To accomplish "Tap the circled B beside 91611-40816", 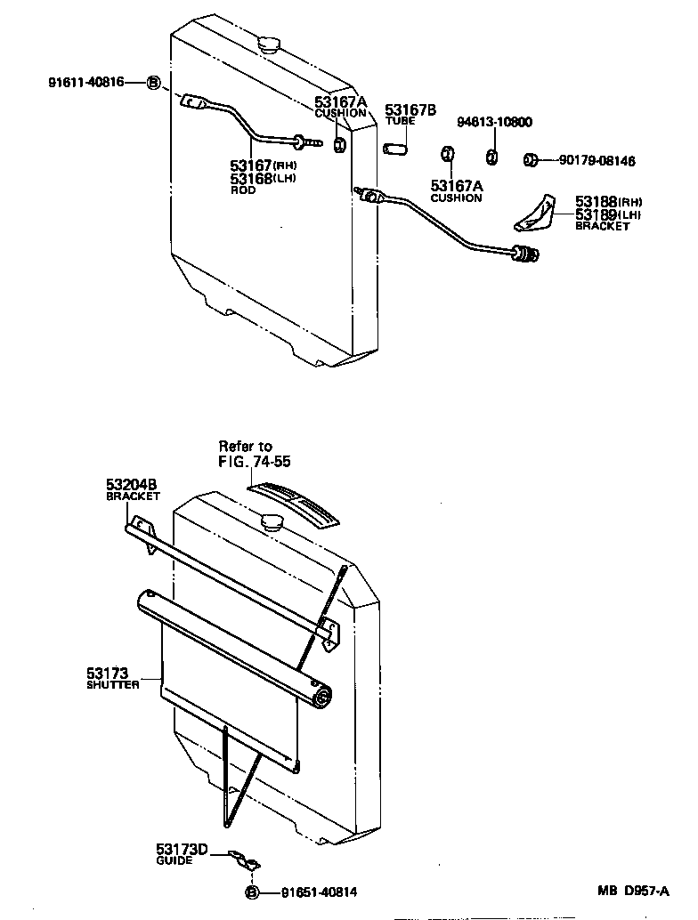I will point(153,83).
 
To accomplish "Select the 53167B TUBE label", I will point(410,115).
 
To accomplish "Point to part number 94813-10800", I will point(495,122).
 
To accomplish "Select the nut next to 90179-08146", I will point(529,160).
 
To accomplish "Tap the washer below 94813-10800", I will point(491,157).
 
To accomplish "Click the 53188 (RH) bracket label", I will point(607,202).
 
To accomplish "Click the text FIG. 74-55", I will point(255,462).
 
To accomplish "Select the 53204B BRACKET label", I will point(133,489).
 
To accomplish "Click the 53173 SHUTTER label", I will point(113,679).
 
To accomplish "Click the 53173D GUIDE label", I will point(182,854).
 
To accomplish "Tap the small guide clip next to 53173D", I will point(243,859).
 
